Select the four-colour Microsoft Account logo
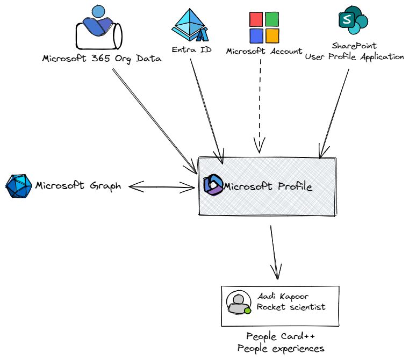point(263,27)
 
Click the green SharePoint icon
point(353,20)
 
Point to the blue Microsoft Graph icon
point(18,186)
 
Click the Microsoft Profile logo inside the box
point(213,185)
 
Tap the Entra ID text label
point(191,50)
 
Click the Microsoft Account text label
point(264,52)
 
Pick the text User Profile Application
point(354,56)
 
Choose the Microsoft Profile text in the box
point(267,186)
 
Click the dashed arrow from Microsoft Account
point(260,102)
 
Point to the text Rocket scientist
point(291,307)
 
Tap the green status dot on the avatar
point(247,310)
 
